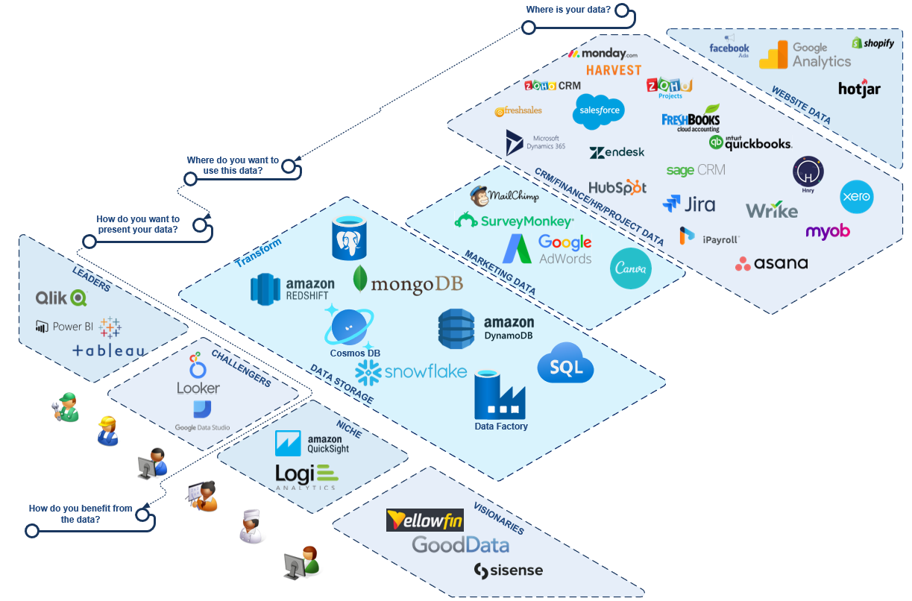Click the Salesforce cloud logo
coord(598,111)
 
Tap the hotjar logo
coord(859,88)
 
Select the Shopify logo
coord(872,43)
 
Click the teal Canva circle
coord(630,268)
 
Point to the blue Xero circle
coord(856,197)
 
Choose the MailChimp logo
coord(503,196)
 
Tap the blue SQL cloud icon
coord(565,363)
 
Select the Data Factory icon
coord(500,397)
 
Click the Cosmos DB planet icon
coord(348,326)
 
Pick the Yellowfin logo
coord(425,520)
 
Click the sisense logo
coord(508,571)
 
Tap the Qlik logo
coord(61,298)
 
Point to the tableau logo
coord(110,350)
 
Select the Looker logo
coord(198,375)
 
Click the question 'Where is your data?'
coord(568,10)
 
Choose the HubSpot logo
coord(617,187)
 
